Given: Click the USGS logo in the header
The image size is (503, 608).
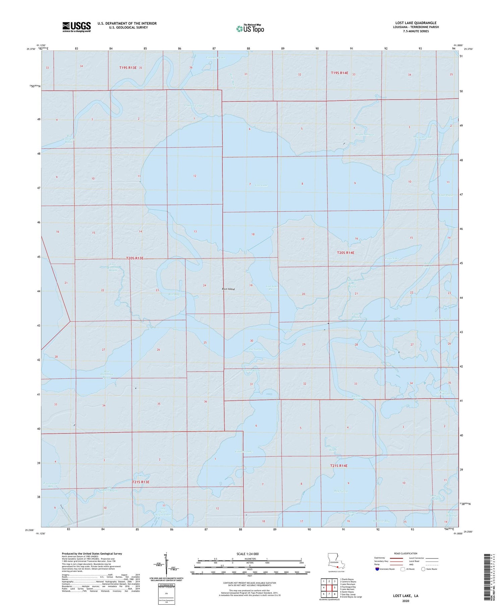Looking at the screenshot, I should click(x=76, y=27).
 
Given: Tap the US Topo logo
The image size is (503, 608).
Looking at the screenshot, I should click(x=250, y=29).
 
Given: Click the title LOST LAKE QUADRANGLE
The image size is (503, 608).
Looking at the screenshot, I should click(x=415, y=23).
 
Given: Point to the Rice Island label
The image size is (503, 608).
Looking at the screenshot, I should click(x=228, y=289).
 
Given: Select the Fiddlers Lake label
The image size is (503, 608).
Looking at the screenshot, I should click(x=244, y=452).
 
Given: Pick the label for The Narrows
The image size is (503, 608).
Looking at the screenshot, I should click(x=257, y=349).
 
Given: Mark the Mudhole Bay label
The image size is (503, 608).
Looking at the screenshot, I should click(x=381, y=521).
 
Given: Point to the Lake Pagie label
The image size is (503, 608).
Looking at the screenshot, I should click(x=446, y=195).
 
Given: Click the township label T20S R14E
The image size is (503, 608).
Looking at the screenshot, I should click(x=345, y=253).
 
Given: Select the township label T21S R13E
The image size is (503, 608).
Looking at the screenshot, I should click(x=141, y=482).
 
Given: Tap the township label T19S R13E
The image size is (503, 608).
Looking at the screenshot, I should click(x=128, y=68).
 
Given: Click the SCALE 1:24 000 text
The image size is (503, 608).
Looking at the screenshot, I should click(x=249, y=554).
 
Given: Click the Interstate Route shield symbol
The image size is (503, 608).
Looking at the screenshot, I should click(x=378, y=569).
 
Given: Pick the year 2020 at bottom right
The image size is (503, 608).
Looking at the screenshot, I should click(x=406, y=601).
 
